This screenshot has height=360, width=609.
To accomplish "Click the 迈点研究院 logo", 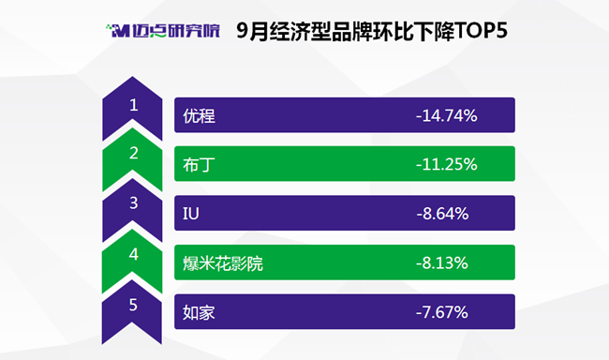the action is (163, 31).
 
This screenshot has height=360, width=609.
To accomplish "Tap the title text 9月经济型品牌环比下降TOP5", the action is (372, 31).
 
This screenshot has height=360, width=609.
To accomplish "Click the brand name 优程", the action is (199, 116).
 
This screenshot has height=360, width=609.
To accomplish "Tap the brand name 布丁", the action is (199, 164).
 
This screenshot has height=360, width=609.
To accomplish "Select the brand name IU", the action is (191, 214).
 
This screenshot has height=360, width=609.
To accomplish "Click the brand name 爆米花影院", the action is (223, 263).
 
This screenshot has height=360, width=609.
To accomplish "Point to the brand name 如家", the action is (199, 312).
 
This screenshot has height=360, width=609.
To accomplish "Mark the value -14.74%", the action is (447, 116).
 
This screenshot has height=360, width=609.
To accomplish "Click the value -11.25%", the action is (447, 164).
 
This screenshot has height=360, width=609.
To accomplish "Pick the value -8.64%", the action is (443, 214).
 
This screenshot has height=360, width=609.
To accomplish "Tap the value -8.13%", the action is (442, 263).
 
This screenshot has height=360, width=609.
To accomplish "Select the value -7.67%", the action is (442, 312).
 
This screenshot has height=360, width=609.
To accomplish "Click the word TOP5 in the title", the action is (481, 31).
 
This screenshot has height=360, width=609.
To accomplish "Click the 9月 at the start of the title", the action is (252, 31).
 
